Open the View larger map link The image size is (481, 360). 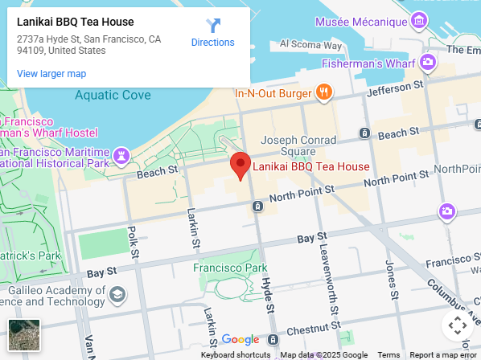pyautogui.click(x=51, y=74)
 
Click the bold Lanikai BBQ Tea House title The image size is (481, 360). pyautogui.click(x=76, y=22)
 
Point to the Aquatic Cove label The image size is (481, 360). pyautogui.click(x=113, y=95)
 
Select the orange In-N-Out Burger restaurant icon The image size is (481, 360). pyautogui.click(x=324, y=92)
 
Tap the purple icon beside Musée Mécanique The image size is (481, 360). pyautogui.click(x=418, y=18)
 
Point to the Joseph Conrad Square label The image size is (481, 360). pyautogui.click(x=298, y=144)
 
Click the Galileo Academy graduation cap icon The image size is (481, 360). pyautogui.click(x=118, y=295)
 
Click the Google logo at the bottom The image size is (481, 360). pyautogui.click(x=240, y=340)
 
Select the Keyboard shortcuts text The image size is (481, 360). pyautogui.click(x=236, y=354)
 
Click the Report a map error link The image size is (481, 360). pyautogui.click(x=443, y=354)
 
